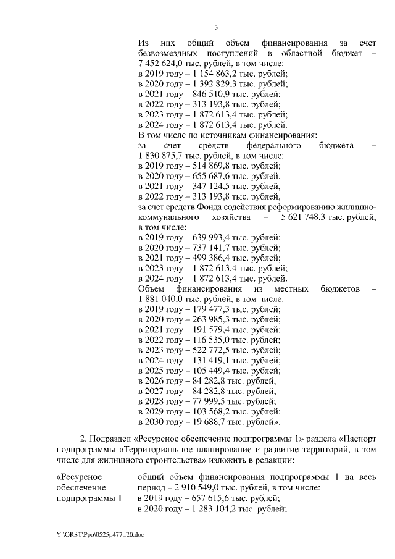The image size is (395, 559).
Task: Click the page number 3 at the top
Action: pos(216,27)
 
